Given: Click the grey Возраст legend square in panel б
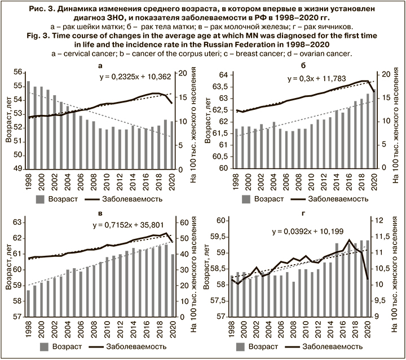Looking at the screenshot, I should (x=246, y=198).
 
